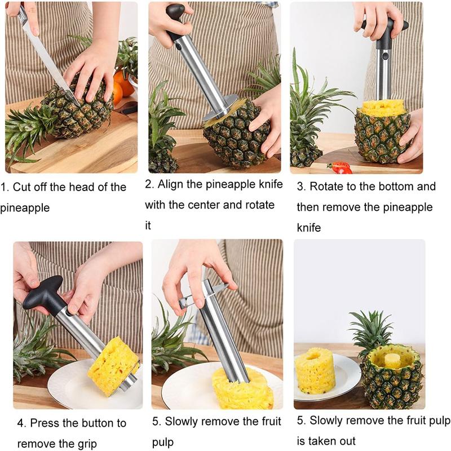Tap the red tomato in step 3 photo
341,167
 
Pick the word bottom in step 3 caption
391,186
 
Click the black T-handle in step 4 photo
45,294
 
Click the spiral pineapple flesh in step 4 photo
113,366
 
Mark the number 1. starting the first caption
5,187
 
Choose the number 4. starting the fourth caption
21,423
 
